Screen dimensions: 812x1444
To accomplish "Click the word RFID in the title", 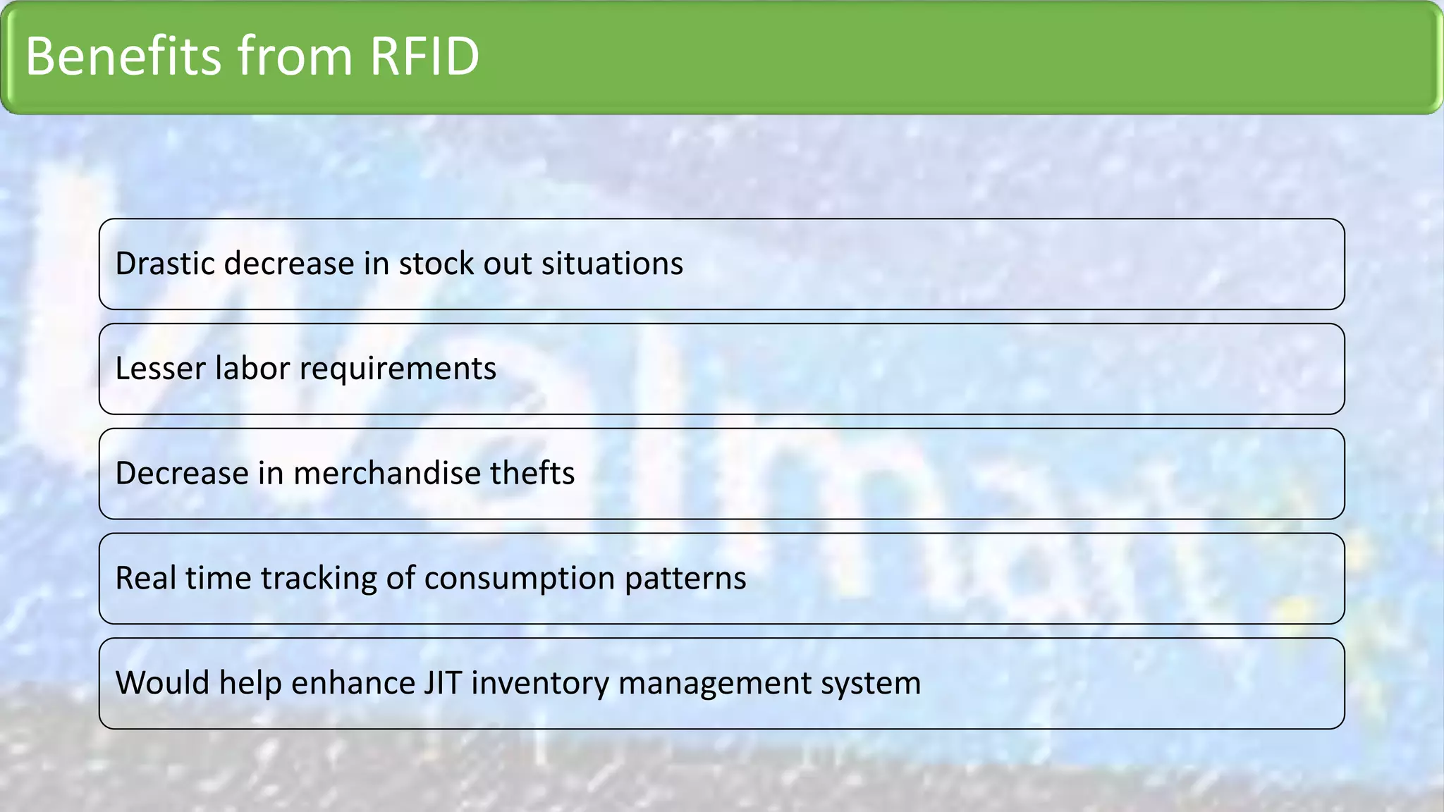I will pyautogui.click(x=424, y=56).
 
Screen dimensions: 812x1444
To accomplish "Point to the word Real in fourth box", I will pyautogui.click(x=145, y=578).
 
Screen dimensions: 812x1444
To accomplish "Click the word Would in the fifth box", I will pyautogui.click(x=162, y=683).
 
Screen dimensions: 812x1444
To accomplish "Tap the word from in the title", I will pyautogui.click(x=295, y=56).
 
